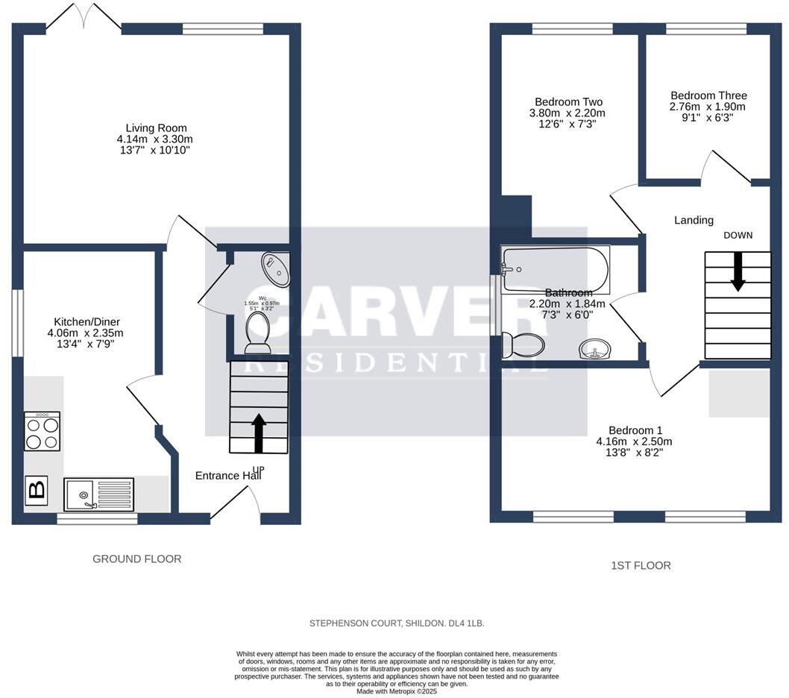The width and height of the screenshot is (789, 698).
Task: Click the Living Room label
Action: click(156, 128)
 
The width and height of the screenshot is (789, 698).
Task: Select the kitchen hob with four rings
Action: click(43, 432)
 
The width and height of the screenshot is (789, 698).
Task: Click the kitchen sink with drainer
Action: click(98, 494)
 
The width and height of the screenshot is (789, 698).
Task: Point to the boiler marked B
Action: click(37, 490)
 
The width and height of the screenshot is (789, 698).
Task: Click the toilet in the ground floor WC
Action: click(258, 332)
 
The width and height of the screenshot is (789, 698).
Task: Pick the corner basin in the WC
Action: click(277, 269)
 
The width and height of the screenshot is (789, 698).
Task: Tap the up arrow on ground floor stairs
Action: click(259, 433)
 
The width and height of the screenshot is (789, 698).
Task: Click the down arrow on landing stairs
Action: click(738, 271)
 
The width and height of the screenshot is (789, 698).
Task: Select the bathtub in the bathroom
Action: click(556, 269)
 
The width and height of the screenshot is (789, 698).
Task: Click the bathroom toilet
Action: click(524, 345)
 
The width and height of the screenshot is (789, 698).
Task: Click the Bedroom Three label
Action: click(708, 95)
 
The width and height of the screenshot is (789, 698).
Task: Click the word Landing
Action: click(694, 220)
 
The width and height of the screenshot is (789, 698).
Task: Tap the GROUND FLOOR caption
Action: click(136, 559)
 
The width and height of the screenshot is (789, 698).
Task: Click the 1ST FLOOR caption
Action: click(640, 565)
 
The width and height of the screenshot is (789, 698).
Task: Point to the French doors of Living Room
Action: click(84, 19)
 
